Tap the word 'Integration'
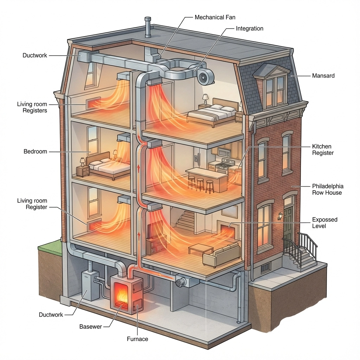[x=250, y=28]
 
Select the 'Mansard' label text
[x=323, y=76]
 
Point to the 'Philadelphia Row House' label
[x=328, y=189]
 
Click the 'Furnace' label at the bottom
[x=137, y=339]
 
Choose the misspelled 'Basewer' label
[x=90, y=327]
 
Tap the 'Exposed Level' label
[x=324, y=223]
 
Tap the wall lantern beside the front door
[x=280, y=216]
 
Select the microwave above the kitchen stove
[x=224, y=152]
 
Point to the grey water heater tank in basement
[x=90, y=285]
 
